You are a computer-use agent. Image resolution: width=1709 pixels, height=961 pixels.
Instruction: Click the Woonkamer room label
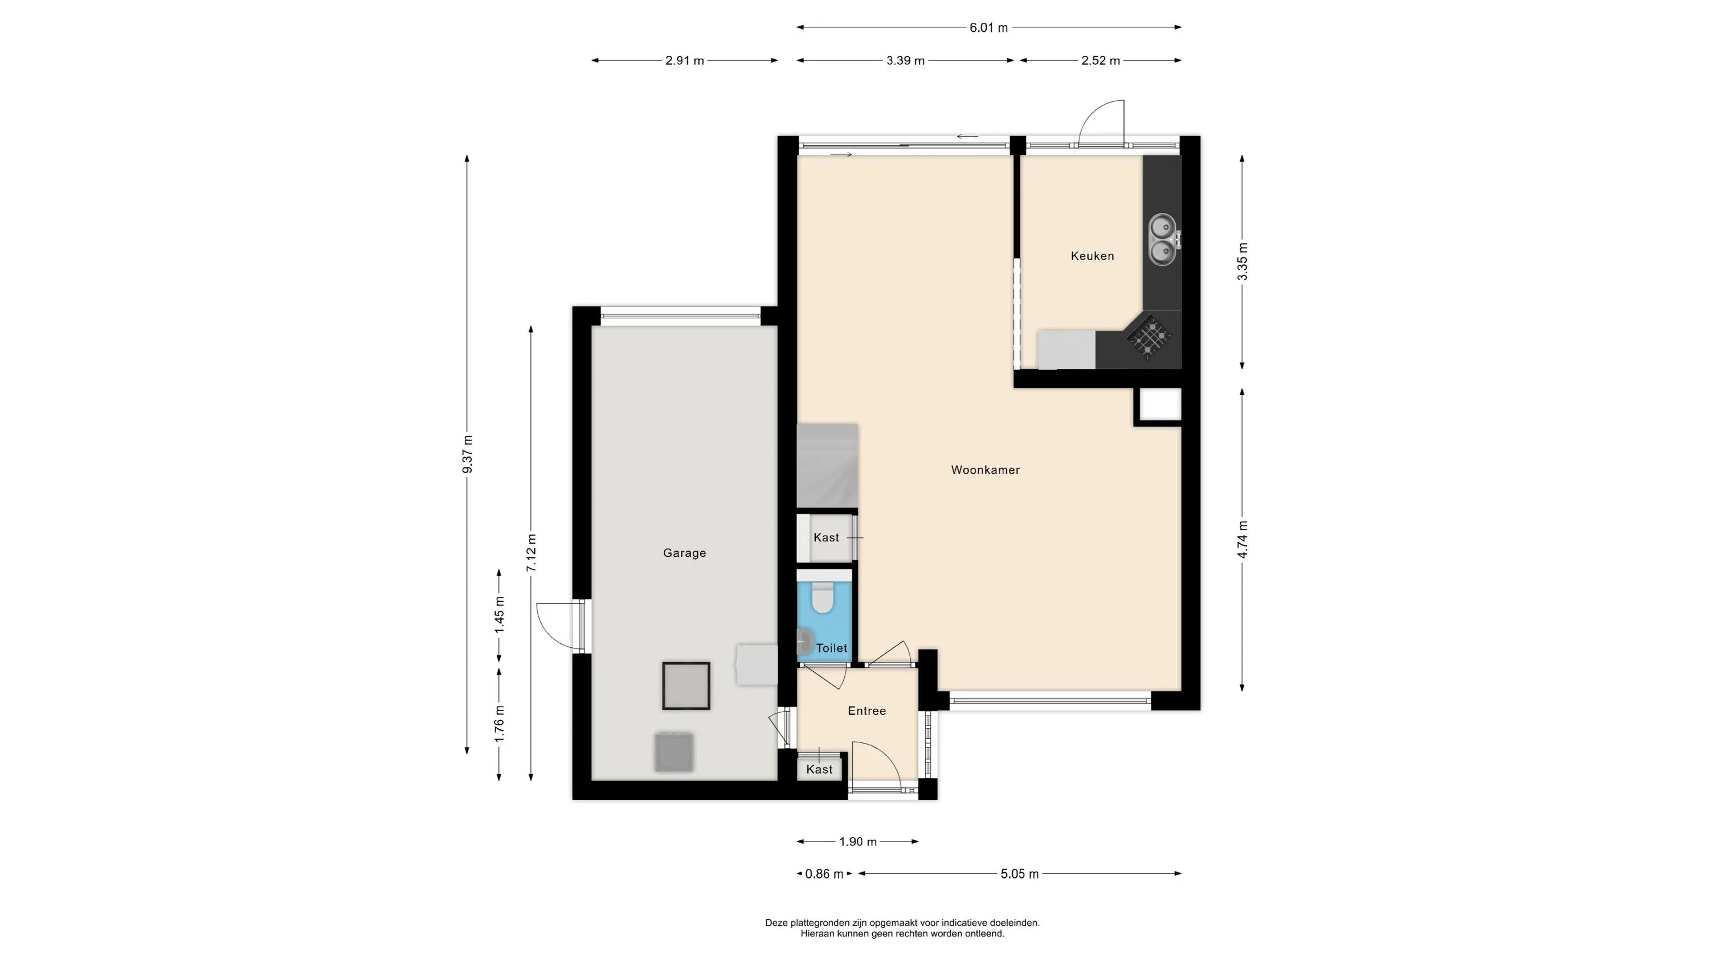point(985,470)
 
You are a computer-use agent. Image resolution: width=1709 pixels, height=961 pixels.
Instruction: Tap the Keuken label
point(1092,256)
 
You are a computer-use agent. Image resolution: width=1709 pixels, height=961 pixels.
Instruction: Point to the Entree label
point(867,711)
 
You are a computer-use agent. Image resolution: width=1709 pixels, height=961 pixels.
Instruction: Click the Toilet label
point(832,648)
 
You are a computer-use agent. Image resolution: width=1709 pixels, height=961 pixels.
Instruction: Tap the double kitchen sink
point(1162,240)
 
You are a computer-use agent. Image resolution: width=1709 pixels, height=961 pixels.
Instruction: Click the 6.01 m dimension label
point(988,28)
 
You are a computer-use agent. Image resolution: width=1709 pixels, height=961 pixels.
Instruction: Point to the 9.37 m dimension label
point(468,454)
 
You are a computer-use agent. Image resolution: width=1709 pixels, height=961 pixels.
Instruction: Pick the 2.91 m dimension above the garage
point(685,61)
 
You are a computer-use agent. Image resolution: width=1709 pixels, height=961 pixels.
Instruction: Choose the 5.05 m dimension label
point(1020,874)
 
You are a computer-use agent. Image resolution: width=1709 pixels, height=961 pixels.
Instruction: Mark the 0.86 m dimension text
point(824,874)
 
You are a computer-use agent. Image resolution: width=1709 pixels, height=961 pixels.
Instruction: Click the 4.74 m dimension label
point(1242,540)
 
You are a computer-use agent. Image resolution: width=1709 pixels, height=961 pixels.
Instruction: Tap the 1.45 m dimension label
point(500,615)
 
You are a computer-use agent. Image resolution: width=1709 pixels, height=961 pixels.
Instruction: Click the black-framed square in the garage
point(686,686)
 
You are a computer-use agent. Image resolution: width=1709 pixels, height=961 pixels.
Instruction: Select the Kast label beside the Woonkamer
point(826,538)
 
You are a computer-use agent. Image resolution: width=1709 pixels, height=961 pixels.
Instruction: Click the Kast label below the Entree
point(819,769)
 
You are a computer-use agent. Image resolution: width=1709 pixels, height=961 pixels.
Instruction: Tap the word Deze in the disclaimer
point(777,922)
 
